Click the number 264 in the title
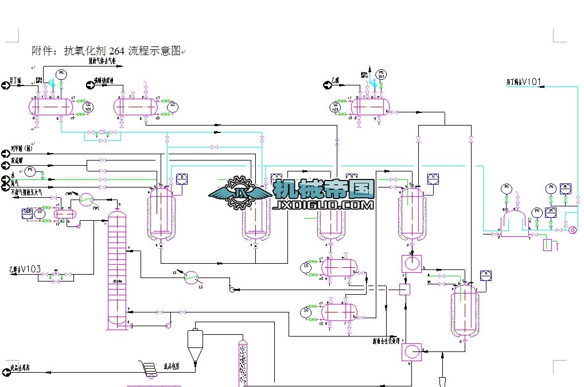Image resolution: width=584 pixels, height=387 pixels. pyautogui.click(x=115, y=51)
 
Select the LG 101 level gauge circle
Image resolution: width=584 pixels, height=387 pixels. pyautogui.click(x=88, y=107)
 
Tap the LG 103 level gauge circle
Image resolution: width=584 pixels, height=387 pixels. pyautogui.click(x=335, y=107)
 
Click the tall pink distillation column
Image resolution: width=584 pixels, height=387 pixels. pyautogui.click(x=117, y=269)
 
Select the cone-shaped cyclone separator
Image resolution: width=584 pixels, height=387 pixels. pyautogui.click(x=195, y=344)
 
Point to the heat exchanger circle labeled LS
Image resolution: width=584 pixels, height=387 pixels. pyautogui.click(x=191, y=278)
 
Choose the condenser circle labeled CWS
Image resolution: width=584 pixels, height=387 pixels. pyautogui.click(x=86, y=199)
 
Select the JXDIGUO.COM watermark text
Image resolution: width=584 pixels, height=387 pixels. pyautogui.click(x=324, y=205)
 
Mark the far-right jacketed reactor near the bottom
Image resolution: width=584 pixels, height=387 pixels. pyautogui.click(x=464, y=311)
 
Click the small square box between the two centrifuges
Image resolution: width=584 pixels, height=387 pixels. pyautogui.click(x=404, y=290)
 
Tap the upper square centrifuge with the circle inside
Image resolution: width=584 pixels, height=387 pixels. pyautogui.click(x=411, y=264)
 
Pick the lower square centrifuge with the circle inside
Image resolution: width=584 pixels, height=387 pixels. pyautogui.click(x=411, y=351)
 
